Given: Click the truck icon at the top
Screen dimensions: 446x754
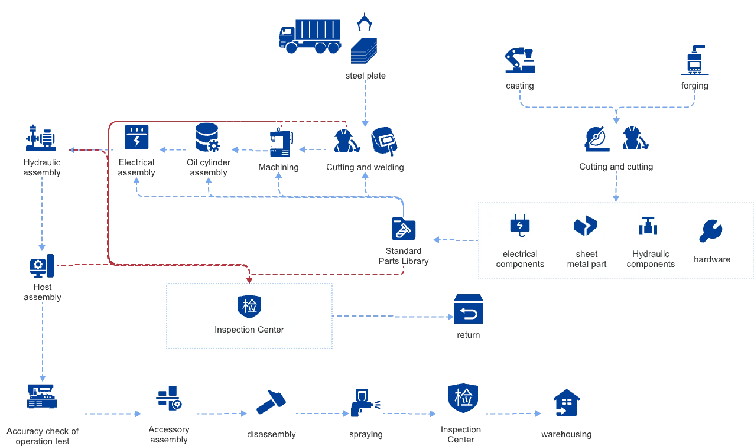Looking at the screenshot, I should click(310, 37).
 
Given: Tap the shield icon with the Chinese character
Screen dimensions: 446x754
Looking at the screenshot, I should click(249, 305).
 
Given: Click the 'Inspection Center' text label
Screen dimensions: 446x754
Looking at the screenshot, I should click(249, 330).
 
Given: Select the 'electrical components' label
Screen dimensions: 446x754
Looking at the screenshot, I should click(520, 259).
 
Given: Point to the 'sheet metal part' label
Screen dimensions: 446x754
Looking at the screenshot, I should click(587, 259).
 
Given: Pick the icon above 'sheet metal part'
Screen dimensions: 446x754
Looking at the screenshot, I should click(586, 226).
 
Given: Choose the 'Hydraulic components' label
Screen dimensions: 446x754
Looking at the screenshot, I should click(651, 259).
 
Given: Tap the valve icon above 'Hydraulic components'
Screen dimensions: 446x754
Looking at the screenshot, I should click(648, 226).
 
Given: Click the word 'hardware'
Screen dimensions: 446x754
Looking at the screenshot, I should click(712, 259).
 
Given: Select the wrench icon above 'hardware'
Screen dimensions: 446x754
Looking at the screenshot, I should click(710, 230).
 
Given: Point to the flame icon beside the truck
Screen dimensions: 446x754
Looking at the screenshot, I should click(364, 22).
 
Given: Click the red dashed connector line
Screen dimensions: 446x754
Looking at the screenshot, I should click(89, 150).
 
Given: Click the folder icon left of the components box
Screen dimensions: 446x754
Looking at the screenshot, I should click(404, 229).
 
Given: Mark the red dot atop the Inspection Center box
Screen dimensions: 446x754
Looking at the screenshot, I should click(249, 279).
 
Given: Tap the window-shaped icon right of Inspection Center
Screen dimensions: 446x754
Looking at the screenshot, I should click(469, 310).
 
